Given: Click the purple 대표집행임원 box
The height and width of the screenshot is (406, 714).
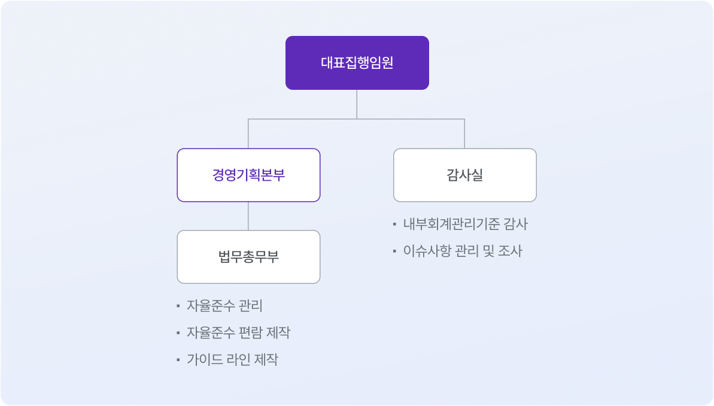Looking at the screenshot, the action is (x=357, y=63).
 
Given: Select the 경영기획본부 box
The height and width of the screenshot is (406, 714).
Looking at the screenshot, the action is (x=248, y=175).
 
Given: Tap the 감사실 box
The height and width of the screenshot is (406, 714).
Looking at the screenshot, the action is (x=465, y=175).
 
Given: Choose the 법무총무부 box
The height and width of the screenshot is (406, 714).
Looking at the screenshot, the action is (x=248, y=257).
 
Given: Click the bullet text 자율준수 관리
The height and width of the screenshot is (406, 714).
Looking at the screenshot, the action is (x=224, y=306).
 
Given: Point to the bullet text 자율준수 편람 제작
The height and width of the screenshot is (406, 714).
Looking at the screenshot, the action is (x=238, y=332).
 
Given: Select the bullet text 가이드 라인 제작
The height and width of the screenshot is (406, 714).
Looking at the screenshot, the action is (x=232, y=359).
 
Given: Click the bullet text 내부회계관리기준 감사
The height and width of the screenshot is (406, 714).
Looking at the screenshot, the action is (x=466, y=224).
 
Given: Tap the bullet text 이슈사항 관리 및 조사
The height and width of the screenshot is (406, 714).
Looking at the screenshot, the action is (x=463, y=251).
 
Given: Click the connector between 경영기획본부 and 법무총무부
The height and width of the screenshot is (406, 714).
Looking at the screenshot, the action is (x=248, y=216).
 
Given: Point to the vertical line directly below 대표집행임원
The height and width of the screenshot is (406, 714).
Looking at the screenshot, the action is (x=357, y=104).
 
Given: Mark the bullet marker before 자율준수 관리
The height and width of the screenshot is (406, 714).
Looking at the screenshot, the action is (x=178, y=306).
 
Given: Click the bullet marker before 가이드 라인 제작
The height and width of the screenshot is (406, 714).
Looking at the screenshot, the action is (x=178, y=359).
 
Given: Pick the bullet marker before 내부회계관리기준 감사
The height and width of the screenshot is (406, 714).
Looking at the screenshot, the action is (x=394, y=224).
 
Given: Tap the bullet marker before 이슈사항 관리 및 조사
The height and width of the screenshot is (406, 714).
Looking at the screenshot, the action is (x=394, y=251).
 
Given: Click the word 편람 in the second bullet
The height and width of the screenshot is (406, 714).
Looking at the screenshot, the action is (x=250, y=332).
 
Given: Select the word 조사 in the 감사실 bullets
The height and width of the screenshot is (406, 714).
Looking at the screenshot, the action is (x=510, y=251).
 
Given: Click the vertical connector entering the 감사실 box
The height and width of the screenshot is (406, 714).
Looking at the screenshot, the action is (x=464, y=134).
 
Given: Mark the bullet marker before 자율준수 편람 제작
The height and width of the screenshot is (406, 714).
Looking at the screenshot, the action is (x=178, y=332).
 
